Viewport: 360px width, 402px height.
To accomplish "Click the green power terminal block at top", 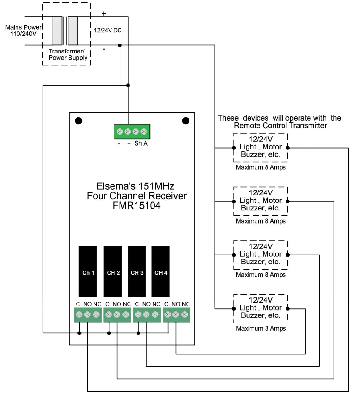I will click(132, 131).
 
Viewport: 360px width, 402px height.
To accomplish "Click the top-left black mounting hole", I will click(78, 121).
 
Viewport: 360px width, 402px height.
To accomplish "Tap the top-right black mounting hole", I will click(185, 121).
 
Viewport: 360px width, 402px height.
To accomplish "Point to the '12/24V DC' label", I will click(108, 30).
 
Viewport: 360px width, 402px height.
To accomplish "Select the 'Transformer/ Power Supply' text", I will click(68, 54).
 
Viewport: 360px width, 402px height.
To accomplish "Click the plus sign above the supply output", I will click(104, 14).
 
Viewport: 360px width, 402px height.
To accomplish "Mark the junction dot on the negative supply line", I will click(120, 45).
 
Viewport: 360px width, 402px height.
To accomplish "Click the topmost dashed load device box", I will click(261, 147).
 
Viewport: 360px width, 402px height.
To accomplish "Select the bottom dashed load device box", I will click(261, 308).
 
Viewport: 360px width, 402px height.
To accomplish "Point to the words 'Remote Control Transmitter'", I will click(281, 126).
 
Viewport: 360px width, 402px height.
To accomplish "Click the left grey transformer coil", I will click(57, 31).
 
